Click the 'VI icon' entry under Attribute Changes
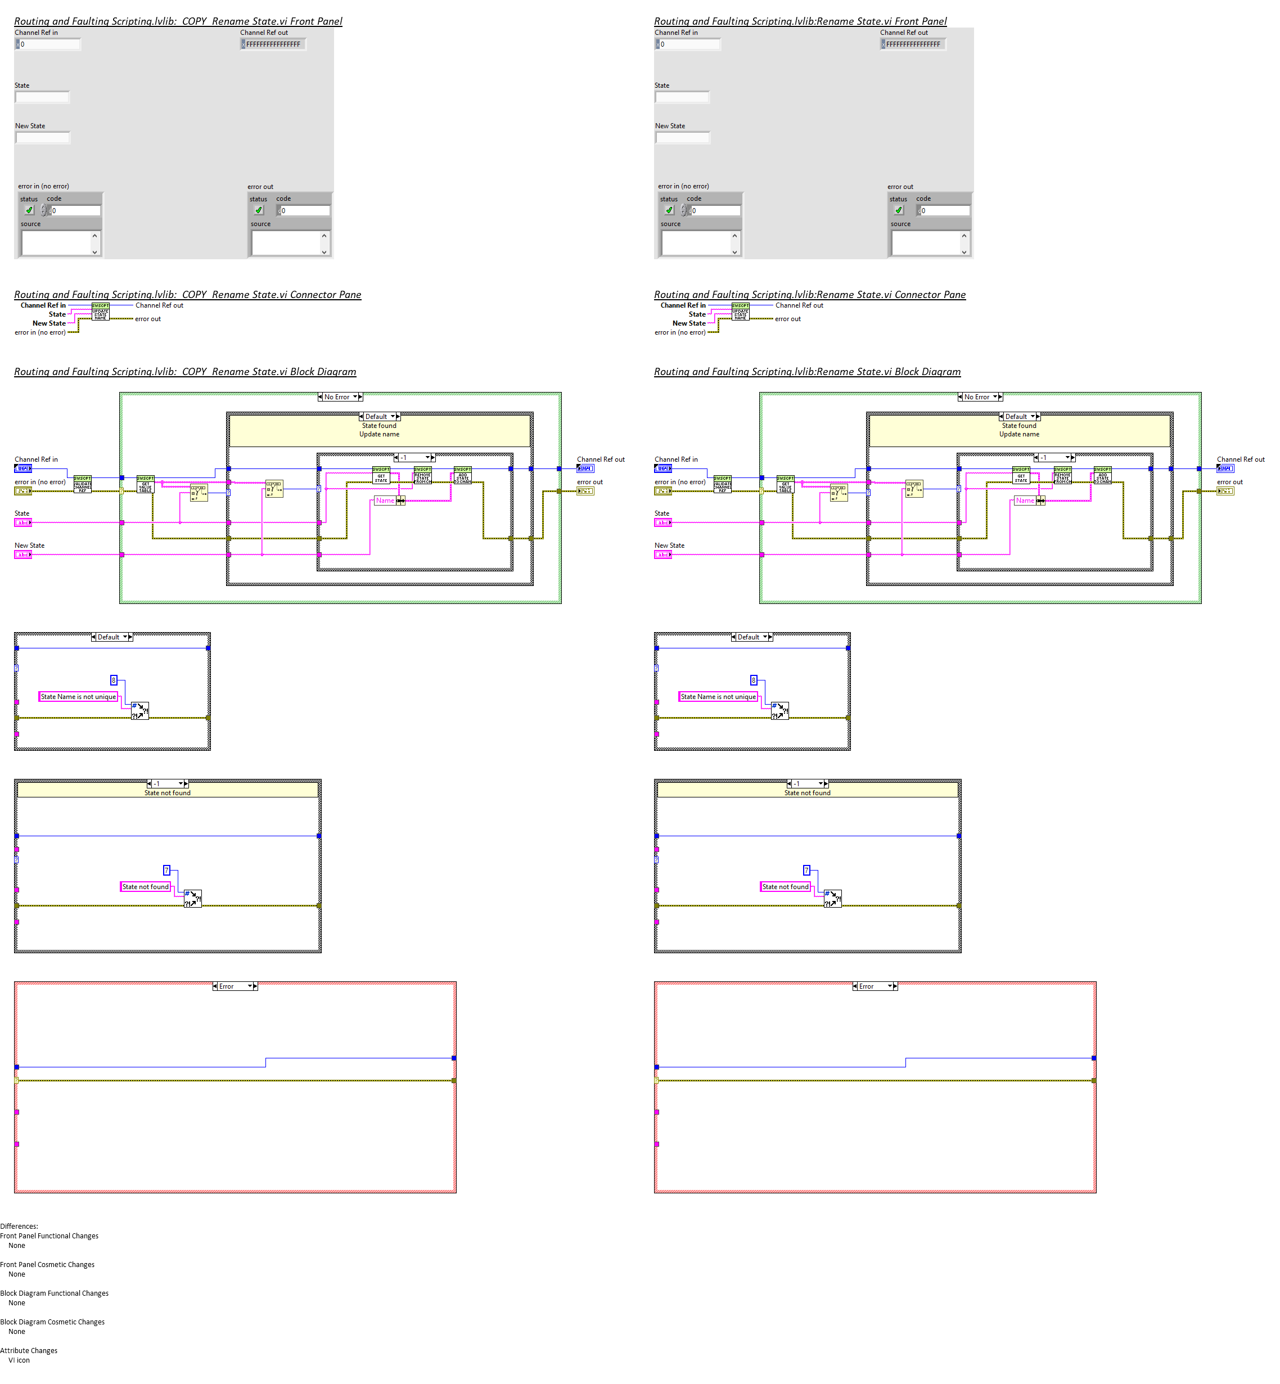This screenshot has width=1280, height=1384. [19, 1360]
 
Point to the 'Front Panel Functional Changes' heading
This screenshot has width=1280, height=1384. [49, 1236]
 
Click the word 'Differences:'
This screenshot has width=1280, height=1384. [19, 1226]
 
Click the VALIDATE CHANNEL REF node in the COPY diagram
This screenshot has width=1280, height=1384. [83, 484]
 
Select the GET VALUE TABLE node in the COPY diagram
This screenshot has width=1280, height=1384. [146, 484]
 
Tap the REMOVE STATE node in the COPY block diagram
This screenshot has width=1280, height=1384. [422, 475]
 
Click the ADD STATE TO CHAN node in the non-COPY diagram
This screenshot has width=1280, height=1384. [1103, 475]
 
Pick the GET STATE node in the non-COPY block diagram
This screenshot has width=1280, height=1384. [1021, 475]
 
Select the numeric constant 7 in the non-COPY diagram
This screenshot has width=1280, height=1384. [806, 870]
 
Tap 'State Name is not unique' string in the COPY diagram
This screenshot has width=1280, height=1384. [78, 697]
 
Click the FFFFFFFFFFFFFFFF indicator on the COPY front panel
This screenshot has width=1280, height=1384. [273, 44]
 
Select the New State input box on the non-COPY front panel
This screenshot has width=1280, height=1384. [683, 137]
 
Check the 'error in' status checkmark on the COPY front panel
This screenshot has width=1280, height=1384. [29, 210]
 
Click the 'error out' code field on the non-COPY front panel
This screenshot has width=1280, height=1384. [945, 210]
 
